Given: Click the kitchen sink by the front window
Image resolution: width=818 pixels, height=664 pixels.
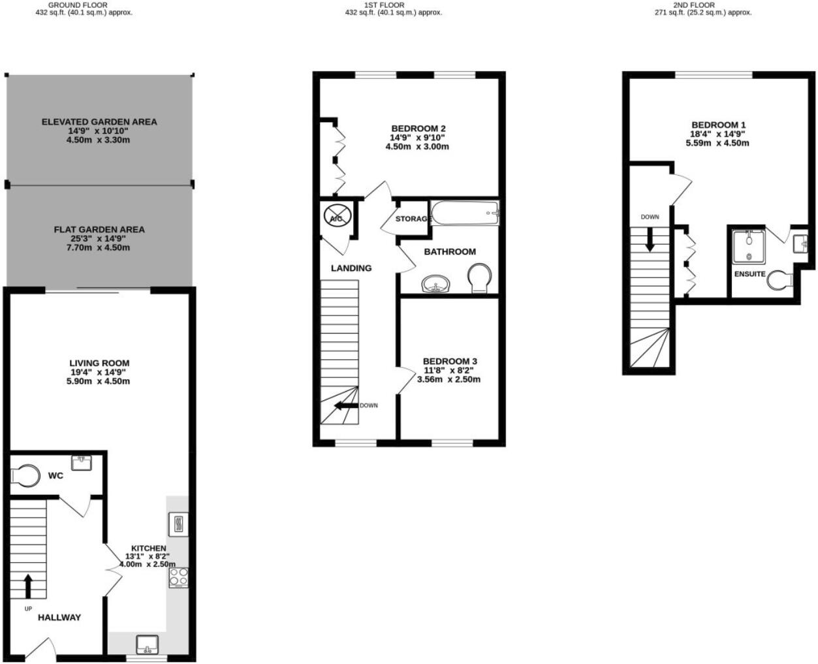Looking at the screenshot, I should pyautogui.click(x=147, y=644).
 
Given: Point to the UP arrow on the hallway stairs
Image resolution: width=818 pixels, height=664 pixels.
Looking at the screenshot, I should pyautogui.click(x=27, y=586).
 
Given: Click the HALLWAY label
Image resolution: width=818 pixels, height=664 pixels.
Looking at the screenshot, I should pyautogui.click(x=59, y=617).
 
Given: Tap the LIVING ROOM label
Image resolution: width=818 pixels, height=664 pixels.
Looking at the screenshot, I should pyautogui.click(x=99, y=363).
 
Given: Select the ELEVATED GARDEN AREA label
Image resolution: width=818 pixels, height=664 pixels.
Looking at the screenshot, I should pyautogui.click(x=99, y=121).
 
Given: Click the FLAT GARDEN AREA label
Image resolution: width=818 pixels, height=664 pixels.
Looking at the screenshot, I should pyautogui.click(x=99, y=229).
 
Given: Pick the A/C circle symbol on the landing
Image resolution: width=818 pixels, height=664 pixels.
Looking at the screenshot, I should pyautogui.click(x=336, y=218).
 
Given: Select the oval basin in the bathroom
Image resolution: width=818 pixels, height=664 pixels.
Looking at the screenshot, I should pyautogui.click(x=435, y=284).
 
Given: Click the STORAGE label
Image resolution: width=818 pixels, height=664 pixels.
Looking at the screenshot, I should pyautogui.click(x=413, y=219).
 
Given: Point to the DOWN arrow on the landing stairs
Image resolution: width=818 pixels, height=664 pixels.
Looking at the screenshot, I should pyautogui.click(x=346, y=405).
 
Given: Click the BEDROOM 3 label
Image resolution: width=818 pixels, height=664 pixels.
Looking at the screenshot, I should pyautogui.click(x=450, y=361).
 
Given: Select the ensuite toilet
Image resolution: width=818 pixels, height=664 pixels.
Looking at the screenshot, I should pyautogui.click(x=779, y=281).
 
